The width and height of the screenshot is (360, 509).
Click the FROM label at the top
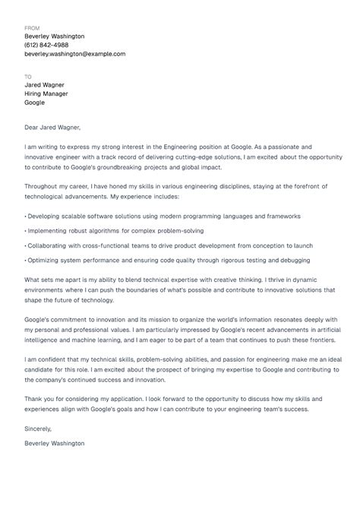[x=32, y=27]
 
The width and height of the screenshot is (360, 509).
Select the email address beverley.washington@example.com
[x=75, y=54]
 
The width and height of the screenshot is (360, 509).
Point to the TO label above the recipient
[x=28, y=77]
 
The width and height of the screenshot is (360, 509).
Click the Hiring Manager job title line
[x=46, y=94]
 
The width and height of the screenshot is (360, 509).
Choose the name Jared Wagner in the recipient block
[x=44, y=85]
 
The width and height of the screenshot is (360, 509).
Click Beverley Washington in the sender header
[x=55, y=36]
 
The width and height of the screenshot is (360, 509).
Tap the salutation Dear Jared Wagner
[x=52, y=128]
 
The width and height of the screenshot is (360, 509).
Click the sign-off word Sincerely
[x=39, y=449]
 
